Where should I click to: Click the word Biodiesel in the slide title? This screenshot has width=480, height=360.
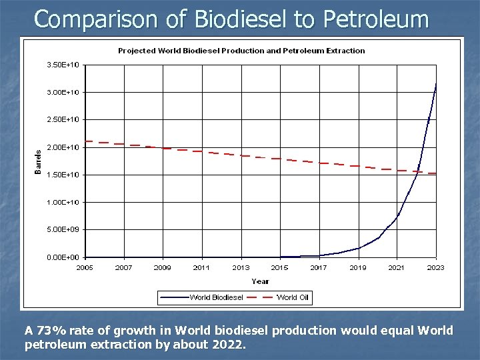tap(237, 19)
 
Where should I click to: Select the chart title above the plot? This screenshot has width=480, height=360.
tap(241, 51)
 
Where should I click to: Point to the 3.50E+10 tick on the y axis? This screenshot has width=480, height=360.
tap(63, 65)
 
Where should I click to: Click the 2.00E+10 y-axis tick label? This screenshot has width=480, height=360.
tap(63, 147)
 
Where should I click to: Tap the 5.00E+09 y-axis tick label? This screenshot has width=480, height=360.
tap(63, 229)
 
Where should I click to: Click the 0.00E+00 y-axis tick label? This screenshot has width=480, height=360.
tap(63, 257)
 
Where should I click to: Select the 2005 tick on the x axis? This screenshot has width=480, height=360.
tap(85, 268)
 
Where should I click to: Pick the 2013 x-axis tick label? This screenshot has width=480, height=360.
tap(241, 268)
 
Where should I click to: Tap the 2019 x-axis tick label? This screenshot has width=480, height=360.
tap(358, 268)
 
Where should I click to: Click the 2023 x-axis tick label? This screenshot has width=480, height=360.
tap(435, 268)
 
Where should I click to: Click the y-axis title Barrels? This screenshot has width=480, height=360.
tap(38, 161)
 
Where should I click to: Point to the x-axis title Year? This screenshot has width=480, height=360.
tap(260, 281)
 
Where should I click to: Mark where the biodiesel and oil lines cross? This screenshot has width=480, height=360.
tap(417, 172)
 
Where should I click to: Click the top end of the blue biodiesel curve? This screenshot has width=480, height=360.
tap(436, 83)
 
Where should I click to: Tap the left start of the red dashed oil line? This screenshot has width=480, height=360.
tap(86, 142)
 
